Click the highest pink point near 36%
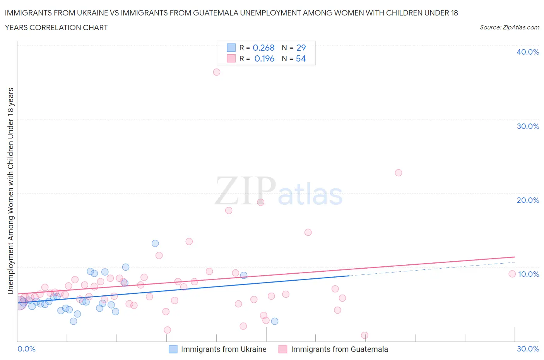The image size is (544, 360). [x=217, y=72]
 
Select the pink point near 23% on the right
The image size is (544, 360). [x=399, y=173]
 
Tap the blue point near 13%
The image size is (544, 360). [x=155, y=243]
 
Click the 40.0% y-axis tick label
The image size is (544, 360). [x=527, y=52]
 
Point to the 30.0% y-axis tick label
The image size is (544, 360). [x=527, y=126]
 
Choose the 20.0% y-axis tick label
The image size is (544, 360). [x=527, y=200]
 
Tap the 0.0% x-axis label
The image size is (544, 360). [x=26, y=349]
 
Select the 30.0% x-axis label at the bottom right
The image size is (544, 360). [x=528, y=349]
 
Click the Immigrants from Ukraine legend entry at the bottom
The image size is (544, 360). [x=223, y=349]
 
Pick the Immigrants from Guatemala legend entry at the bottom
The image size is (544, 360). [x=339, y=349]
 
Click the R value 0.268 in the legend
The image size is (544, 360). [x=263, y=48]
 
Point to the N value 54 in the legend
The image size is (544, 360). [x=301, y=58]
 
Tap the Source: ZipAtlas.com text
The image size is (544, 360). [x=509, y=27]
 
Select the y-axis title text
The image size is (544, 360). [x=10, y=191]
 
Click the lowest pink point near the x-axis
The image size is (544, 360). [x=364, y=335]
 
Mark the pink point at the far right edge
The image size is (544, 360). [x=512, y=274]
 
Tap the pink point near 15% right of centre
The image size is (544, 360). [x=308, y=232]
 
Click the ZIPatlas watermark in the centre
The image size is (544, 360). [x=279, y=191]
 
